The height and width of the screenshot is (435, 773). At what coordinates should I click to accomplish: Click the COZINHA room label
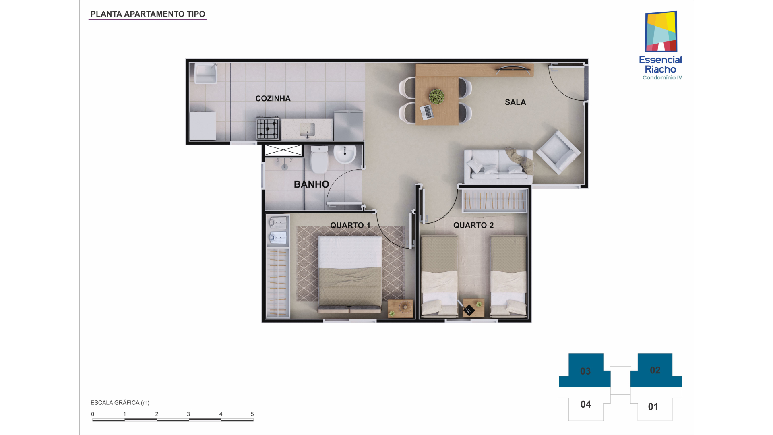point(273,99)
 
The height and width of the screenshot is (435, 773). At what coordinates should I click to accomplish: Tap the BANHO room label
point(312,184)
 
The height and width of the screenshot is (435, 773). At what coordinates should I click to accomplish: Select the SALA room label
point(515,102)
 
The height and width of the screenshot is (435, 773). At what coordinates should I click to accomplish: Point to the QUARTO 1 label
point(350,225)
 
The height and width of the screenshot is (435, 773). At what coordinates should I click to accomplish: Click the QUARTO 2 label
point(473,225)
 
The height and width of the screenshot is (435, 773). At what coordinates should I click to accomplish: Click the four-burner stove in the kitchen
point(268,128)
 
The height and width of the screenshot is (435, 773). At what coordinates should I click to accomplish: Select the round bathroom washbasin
point(345,154)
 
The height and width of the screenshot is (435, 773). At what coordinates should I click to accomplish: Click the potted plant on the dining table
point(436,97)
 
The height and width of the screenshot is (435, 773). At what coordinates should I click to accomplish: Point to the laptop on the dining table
point(427,112)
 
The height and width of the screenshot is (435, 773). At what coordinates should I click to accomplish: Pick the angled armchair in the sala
point(558,152)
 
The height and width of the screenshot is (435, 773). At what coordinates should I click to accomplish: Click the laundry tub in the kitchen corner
point(206,73)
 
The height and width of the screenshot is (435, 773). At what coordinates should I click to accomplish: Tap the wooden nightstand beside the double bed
point(400,309)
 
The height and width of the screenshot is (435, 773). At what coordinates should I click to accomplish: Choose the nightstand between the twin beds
point(473,308)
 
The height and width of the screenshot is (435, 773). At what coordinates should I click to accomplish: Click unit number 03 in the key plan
point(585,371)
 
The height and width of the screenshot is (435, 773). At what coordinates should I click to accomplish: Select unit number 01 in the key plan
point(653,407)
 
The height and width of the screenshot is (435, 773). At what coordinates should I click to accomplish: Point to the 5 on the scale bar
point(252,414)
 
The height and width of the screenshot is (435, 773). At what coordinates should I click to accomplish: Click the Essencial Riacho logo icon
point(661,31)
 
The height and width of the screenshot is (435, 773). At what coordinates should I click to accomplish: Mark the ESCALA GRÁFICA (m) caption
point(120,403)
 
